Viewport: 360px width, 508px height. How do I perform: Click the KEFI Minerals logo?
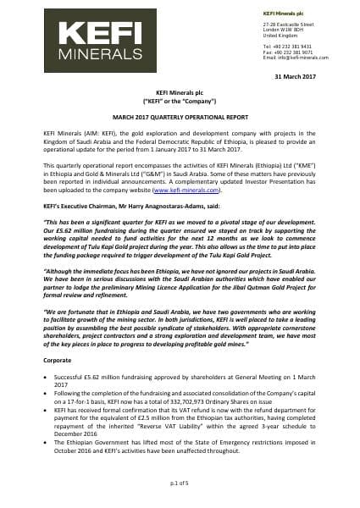(80, 38)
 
